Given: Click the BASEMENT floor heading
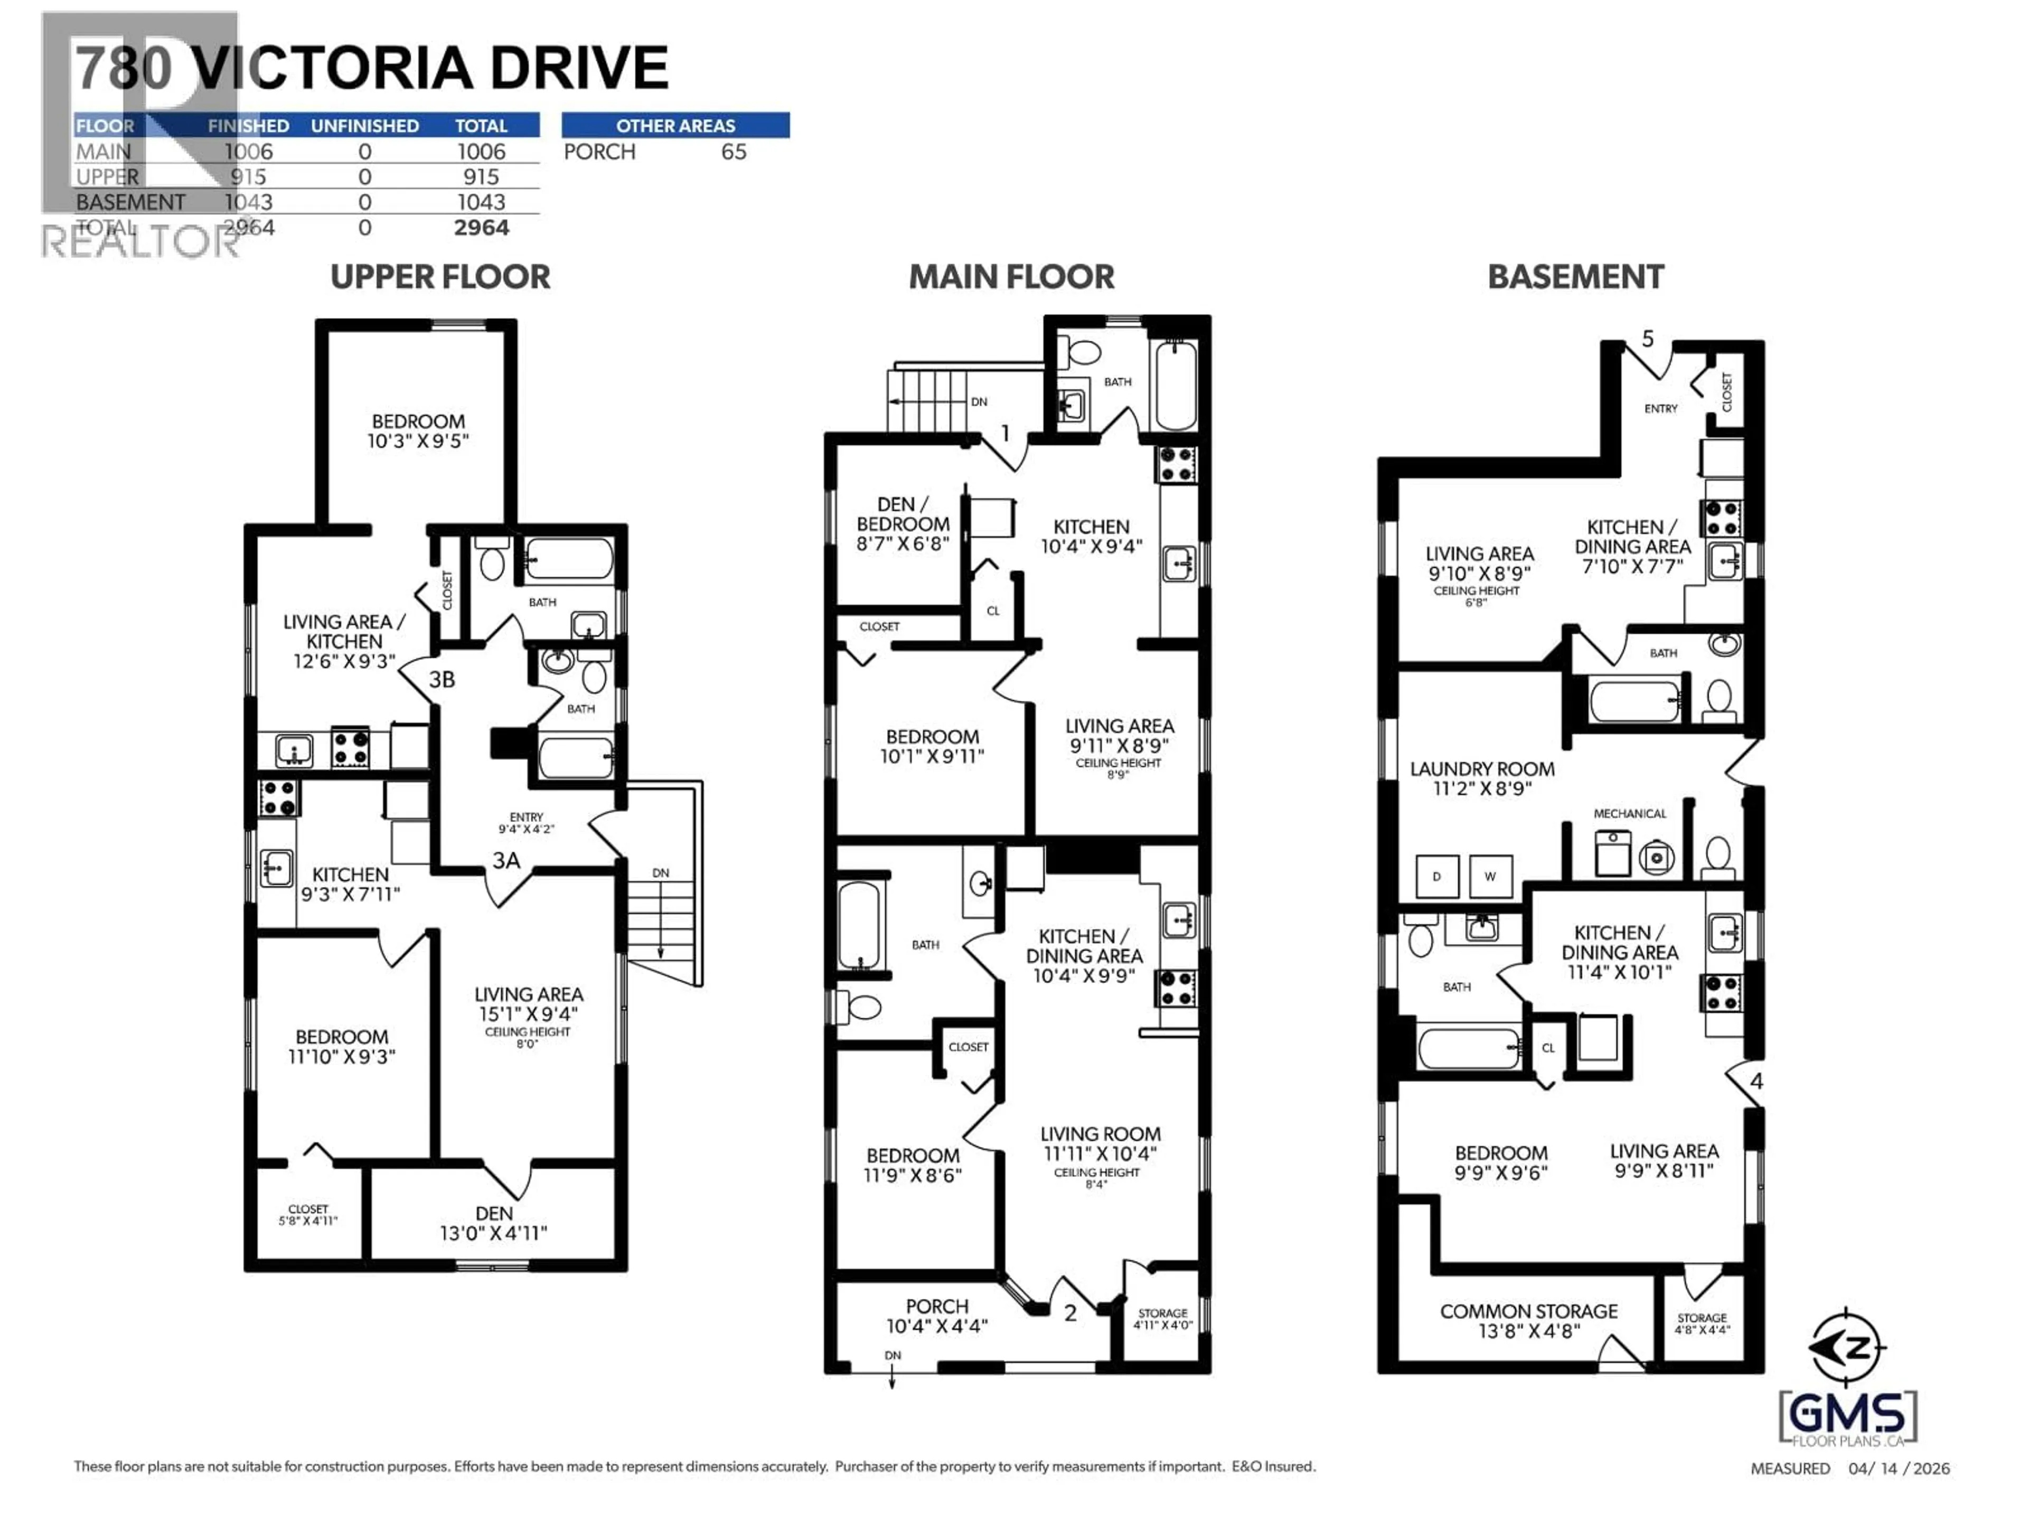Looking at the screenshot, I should [x=1574, y=277].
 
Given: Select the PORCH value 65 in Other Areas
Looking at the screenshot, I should [x=734, y=152].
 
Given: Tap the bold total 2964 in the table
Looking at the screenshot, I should [x=481, y=228].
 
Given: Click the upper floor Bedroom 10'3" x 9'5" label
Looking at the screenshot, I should [x=418, y=431].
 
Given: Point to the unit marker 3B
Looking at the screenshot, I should [x=442, y=679].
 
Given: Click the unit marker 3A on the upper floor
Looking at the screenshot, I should [x=506, y=860].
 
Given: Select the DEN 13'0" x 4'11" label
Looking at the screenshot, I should [x=493, y=1223].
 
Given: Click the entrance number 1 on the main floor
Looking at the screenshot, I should [x=1005, y=433].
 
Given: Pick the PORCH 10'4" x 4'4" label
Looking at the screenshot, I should [x=936, y=1316].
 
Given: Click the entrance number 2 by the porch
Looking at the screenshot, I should [x=1070, y=1313].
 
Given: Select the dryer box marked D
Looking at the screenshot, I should [x=1436, y=877].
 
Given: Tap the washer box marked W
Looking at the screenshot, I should [x=1490, y=877].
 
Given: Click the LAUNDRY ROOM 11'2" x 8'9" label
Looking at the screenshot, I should [x=1481, y=778].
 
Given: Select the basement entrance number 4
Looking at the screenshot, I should [x=1755, y=1082].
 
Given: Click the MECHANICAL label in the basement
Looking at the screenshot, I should [x=1629, y=813].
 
